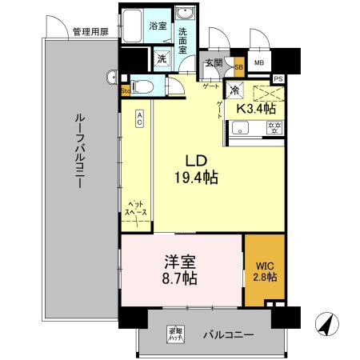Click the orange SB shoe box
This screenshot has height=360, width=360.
point(238,68)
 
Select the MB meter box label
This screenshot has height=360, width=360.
point(259,63)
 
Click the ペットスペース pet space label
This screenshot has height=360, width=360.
point(134,210)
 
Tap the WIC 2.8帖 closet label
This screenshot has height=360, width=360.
point(264,270)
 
